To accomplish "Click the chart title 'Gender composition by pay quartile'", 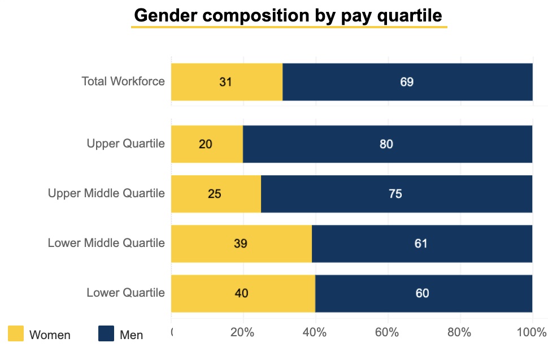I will click(x=289, y=15).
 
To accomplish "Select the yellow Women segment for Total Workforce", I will click(x=227, y=81).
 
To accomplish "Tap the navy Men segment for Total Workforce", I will click(x=407, y=81).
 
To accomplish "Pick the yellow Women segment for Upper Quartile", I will click(x=207, y=144).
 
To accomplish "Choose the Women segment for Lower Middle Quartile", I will click(x=241, y=244).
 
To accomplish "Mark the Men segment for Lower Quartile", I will click(x=424, y=293).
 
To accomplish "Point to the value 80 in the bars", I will click(x=386, y=144).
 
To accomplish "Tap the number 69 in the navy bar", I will click(x=407, y=82).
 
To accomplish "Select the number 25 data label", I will click(x=215, y=194).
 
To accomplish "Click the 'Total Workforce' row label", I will click(x=123, y=81).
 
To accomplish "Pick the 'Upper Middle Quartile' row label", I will click(x=106, y=194).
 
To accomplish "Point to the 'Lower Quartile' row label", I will click(x=125, y=293).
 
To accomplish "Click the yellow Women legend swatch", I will click(x=16, y=334).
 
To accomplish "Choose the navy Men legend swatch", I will click(x=106, y=334).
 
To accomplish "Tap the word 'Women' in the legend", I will click(x=50, y=335).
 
